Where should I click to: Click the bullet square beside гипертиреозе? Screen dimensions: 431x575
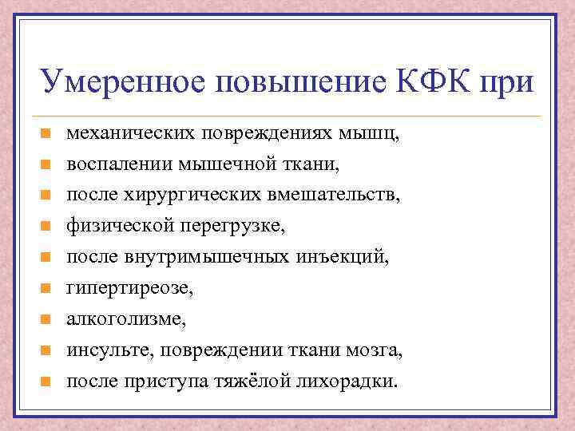click(46, 288)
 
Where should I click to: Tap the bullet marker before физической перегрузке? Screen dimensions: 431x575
click(46, 227)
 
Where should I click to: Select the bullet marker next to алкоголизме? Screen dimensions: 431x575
click(46, 319)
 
